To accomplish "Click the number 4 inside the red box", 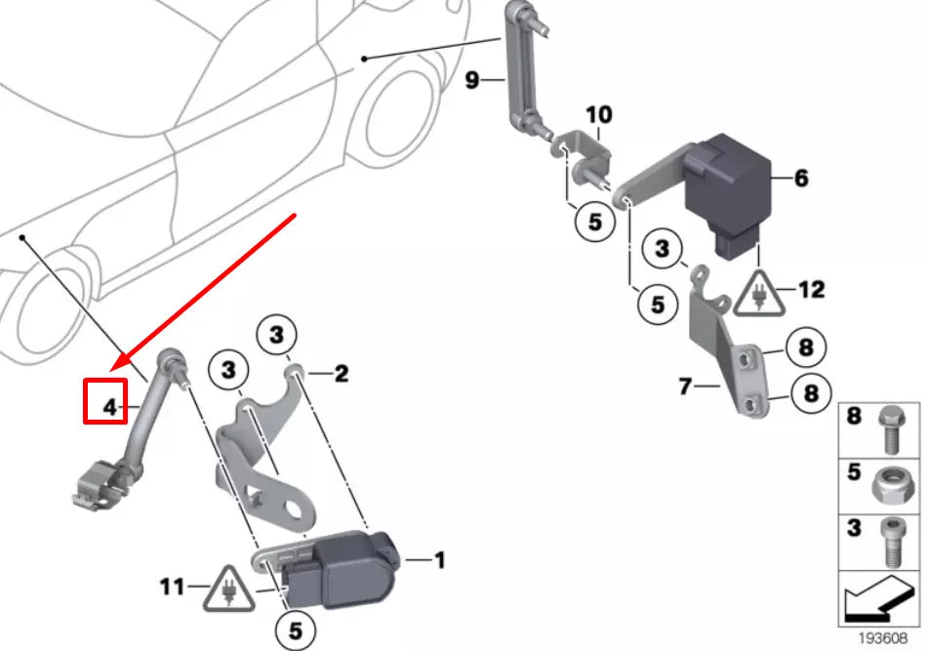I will pos(109,405).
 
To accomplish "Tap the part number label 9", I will pos(472,80).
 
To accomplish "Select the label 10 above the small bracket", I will pos(598,115).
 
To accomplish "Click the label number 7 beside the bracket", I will pos(686,387).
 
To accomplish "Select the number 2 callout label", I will pos(341,373).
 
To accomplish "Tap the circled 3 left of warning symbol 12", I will pos(663,251).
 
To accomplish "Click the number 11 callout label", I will pos(174,588).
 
